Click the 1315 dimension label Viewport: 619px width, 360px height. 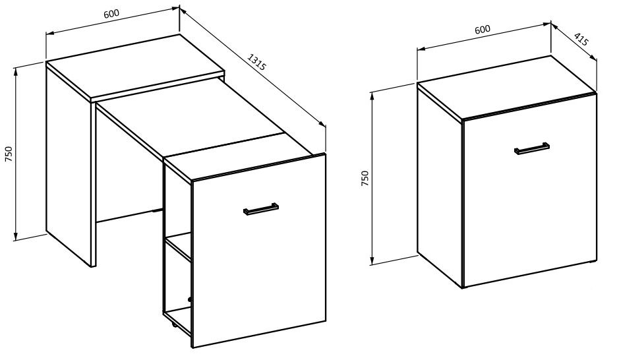[x=256, y=62]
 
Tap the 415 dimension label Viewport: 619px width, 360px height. [x=581, y=40]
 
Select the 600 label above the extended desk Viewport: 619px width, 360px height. [x=111, y=14]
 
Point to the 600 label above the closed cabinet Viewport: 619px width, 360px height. [x=483, y=30]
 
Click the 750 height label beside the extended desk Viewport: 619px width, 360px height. [x=9, y=154]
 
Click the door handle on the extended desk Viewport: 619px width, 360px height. [x=261, y=209]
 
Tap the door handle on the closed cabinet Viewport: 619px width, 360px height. [x=532, y=148]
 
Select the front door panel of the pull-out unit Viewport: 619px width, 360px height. [x=258, y=251]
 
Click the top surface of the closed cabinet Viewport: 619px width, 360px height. [x=507, y=87]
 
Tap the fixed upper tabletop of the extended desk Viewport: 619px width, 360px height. [x=135, y=67]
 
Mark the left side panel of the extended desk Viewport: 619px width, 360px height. [x=69, y=164]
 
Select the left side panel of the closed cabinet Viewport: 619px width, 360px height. [x=440, y=185]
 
